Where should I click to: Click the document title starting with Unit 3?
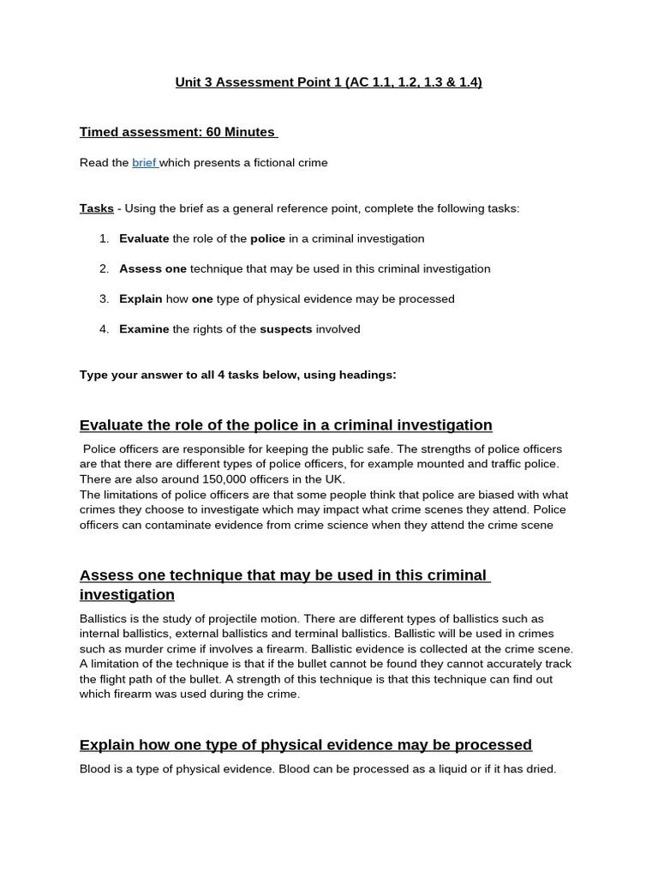328,82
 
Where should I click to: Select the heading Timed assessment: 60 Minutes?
177,132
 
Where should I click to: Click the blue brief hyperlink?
144,162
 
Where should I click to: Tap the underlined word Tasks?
96,208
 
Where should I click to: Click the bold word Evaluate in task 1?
144,238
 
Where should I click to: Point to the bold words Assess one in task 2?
153,268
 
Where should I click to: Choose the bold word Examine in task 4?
144,328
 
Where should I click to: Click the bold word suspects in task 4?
286,328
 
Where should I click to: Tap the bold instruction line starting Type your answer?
238,374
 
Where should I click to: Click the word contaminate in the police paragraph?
192,525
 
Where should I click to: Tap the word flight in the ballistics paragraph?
119,679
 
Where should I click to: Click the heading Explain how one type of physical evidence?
305,744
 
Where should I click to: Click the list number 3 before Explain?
103,298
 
